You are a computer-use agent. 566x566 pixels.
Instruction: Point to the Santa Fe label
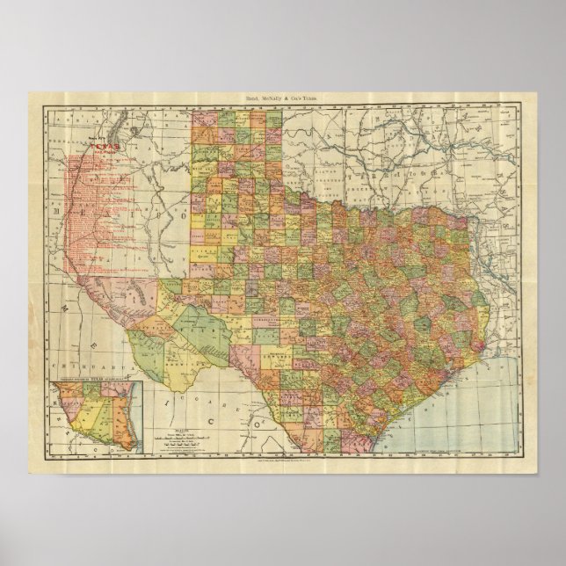click(x=91, y=141)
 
